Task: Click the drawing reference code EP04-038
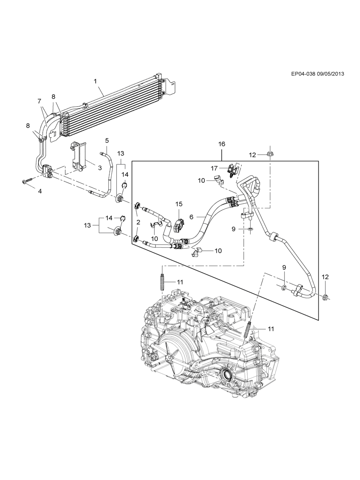303,74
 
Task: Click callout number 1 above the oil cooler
95,82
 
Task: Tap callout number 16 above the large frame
221,144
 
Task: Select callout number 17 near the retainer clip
214,168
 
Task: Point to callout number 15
179,204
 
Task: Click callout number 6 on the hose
191,217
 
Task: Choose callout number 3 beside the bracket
99,168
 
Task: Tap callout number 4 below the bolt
40,191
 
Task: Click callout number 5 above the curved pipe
107,140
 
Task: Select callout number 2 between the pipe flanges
138,222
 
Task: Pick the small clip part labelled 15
179,225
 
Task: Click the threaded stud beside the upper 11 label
162,282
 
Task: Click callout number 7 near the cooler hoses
39,101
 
